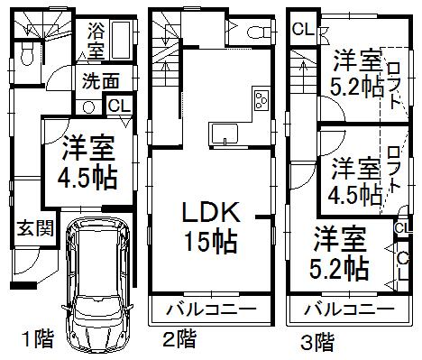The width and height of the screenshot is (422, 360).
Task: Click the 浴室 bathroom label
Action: (96, 40)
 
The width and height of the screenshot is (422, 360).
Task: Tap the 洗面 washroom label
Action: (100, 80)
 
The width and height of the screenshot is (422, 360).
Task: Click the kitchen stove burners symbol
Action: (261, 98)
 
